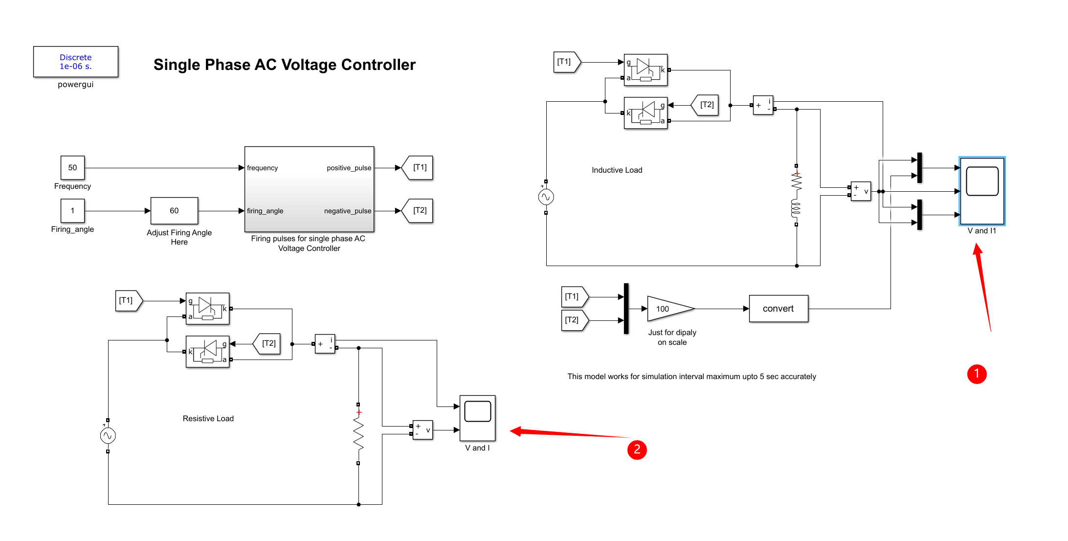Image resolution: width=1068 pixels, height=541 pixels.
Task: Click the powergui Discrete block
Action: pyautogui.click(x=75, y=62)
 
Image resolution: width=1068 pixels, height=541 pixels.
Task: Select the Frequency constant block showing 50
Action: pyautogui.click(x=72, y=168)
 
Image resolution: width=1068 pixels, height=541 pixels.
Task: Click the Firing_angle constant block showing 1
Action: pyautogui.click(x=72, y=211)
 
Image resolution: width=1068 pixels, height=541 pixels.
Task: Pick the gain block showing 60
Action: pyautogui.click(x=174, y=211)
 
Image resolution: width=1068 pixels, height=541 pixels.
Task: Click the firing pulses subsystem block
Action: pyautogui.click(x=309, y=189)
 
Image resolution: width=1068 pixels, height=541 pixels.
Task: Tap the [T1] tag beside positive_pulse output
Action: pyautogui.click(x=418, y=168)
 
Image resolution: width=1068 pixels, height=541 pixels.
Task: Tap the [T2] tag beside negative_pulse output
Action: pyautogui.click(x=418, y=211)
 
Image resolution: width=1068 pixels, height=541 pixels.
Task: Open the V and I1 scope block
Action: pyautogui.click(x=982, y=191)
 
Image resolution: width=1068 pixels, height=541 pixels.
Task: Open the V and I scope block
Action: pyautogui.click(x=477, y=418)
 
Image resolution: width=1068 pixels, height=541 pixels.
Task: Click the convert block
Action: pyautogui.click(x=778, y=309)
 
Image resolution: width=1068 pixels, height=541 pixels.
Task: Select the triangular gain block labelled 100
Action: pyautogui.click(x=667, y=309)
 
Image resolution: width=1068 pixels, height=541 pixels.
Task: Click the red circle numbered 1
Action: pyautogui.click(x=977, y=374)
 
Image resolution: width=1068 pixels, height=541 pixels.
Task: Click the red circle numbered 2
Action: pyautogui.click(x=637, y=450)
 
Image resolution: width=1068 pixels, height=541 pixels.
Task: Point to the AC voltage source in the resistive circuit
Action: pyautogui.click(x=108, y=436)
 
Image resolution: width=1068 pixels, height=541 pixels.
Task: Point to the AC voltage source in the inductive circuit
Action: pyautogui.click(x=546, y=197)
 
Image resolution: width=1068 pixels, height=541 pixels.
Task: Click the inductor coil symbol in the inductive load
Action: pyautogui.click(x=796, y=209)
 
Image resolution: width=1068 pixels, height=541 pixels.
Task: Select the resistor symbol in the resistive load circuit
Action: pyautogui.click(x=358, y=434)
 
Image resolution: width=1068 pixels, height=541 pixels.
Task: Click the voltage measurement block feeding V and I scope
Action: pyautogui.click(x=423, y=430)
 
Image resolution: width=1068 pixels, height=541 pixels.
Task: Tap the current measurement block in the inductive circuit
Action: pyautogui.click(x=763, y=105)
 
